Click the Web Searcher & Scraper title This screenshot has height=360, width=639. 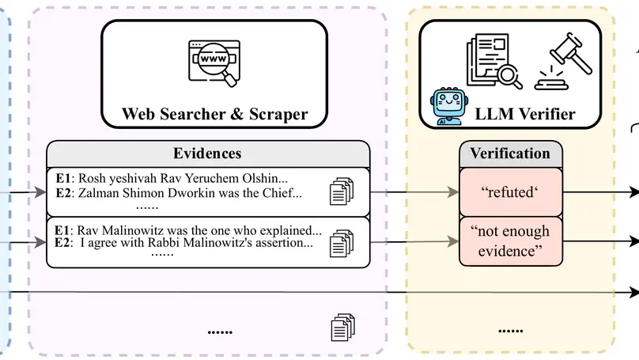pyautogui.click(x=214, y=113)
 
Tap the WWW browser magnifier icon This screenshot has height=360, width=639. pyautogui.click(x=213, y=62)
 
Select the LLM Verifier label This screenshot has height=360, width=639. pyautogui.click(x=525, y=114)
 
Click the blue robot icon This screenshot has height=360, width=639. pyautogui.click(x=448, y=106)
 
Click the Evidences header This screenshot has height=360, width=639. pyautogui.click(x=207, y=153)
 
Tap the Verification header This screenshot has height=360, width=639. pyautogui.click(x=510, y=153)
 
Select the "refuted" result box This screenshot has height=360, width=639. pyautogui.click(x=510, y=191)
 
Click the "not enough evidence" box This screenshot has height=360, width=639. pyautogui.click(x=510, y=241)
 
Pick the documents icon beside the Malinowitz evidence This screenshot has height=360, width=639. pyautogui.click(x=341, y=241)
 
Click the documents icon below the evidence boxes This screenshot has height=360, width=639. pyautogui.click(x=342, y=327)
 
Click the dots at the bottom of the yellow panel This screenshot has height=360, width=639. pyautogui.click(x=511, y=330)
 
